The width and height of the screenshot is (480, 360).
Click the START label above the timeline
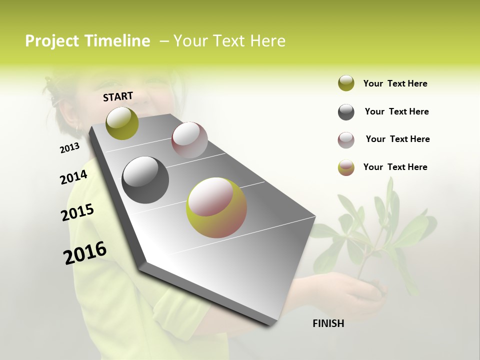coord(118,96)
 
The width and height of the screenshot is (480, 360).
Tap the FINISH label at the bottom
coord(328,323)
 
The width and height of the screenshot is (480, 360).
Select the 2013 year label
coord(69,148)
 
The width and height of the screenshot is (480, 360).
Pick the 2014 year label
coord(73,177)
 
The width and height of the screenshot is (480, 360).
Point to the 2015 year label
coord(77,212)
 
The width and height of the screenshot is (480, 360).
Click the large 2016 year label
coord(85,253)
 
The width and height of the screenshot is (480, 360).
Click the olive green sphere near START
coord(122,123)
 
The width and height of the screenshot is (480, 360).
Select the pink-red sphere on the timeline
coord(189,140)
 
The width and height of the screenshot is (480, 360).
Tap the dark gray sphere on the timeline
coord(145,180)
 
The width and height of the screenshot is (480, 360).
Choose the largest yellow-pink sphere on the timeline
coord(216,207)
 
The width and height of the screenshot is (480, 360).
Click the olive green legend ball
coord(346,83)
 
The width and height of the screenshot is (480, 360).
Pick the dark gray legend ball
coord(346,112)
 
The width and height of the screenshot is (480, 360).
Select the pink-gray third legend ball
coord(346,140)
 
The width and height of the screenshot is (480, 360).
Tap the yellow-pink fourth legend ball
coord(346,167)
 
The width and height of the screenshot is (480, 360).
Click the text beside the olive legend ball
coord(395,83)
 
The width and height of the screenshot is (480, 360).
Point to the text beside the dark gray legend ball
coord(396,111)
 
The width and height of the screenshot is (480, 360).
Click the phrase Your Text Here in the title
coord(229,41)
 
